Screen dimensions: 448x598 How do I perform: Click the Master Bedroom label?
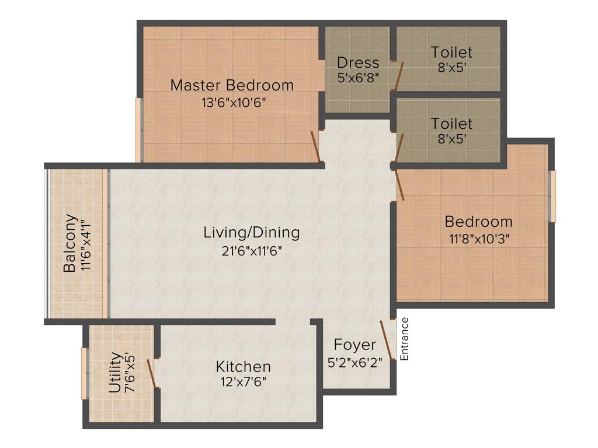232,85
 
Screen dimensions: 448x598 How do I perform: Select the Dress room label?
358,62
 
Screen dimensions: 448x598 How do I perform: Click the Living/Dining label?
251,232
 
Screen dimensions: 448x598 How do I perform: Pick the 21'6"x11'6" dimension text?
251,251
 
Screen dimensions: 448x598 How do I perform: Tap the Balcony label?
69,243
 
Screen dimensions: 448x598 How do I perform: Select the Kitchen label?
243,367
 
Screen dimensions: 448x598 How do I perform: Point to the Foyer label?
354,344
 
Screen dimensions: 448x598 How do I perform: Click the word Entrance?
404,338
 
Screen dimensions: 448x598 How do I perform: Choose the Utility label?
116,372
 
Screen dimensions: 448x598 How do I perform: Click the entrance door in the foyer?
388,340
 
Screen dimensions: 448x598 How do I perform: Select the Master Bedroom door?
316,146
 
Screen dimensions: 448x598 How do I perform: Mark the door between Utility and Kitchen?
152,373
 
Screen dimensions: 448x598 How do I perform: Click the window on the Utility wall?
84,373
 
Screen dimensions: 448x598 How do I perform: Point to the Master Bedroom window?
138,129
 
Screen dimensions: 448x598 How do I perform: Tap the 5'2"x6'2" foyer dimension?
354,362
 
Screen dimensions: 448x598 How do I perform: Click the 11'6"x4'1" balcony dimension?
86,243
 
